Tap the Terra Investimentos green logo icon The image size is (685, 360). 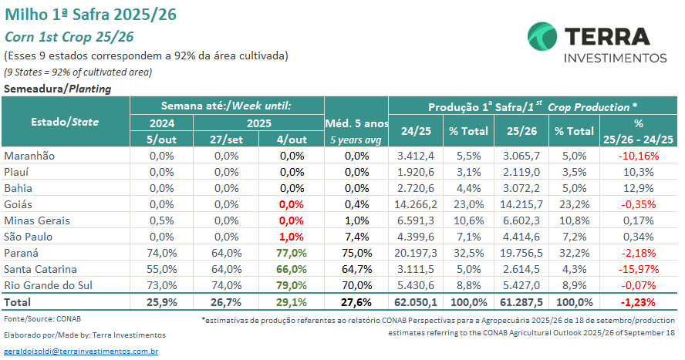(542, 37)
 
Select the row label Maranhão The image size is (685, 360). (30, 156)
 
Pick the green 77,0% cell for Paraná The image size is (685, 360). (292, 253)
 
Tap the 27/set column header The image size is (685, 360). (227, 140)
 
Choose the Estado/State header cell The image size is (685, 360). (65, 122)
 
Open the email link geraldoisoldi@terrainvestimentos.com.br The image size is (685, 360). (81, 351)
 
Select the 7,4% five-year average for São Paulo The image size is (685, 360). (357, 237)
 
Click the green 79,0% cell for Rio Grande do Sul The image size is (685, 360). (292, 285)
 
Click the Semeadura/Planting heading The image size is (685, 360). (58, 89)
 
